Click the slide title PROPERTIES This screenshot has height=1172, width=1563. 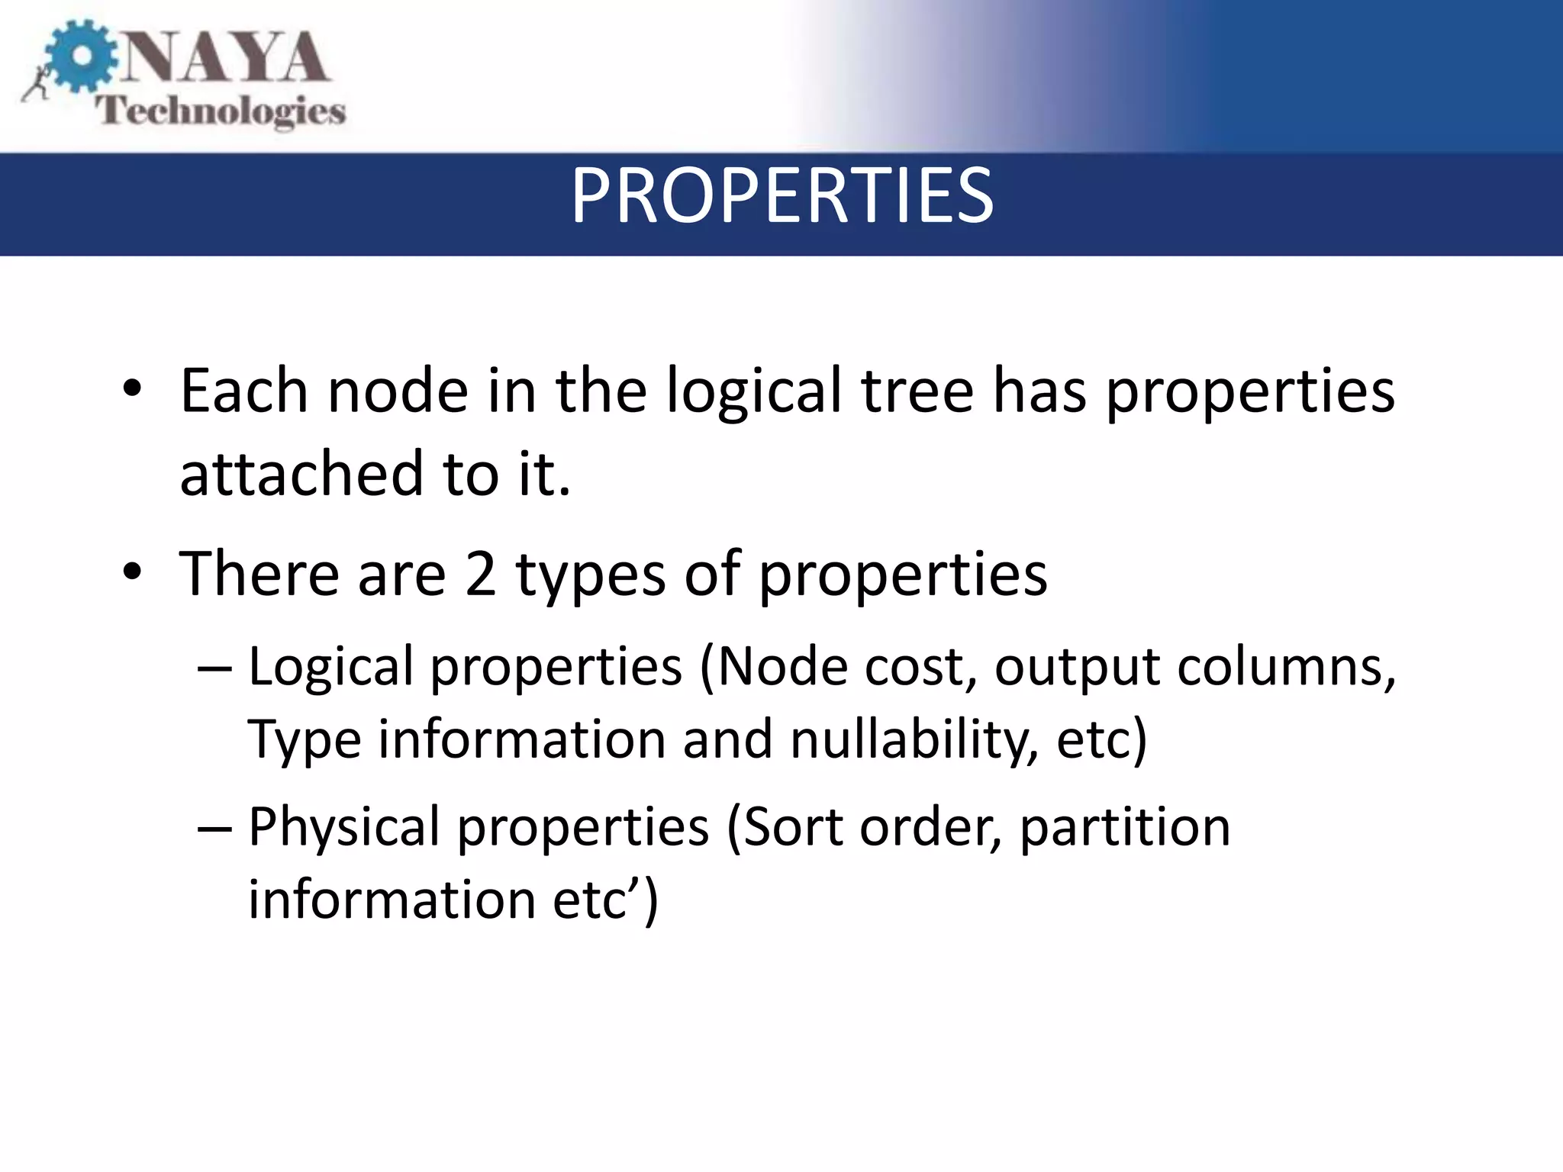pyautogui.click(x=781, y=197)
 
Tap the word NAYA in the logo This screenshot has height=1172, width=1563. pyautogui.click(x=224, y=58)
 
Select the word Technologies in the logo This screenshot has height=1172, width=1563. pyautogui.click(x=221, y=112)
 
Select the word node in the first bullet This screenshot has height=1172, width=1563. pyautogui.click(x=397, y=391)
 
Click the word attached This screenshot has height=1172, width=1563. pyautogui.click(x=301, y=473)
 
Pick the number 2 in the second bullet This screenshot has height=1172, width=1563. pyautogui.click(x=480, y=574)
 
